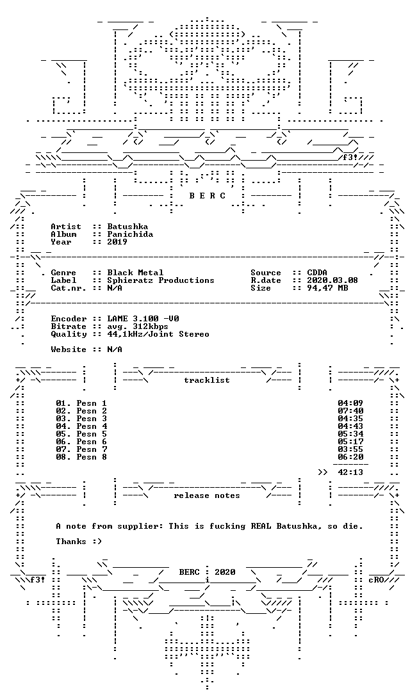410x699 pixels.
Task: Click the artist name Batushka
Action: [127, 227]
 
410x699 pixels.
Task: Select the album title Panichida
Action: [130, 234]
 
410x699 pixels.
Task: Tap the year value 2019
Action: [117, 242]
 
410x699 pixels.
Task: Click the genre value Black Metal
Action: [135, 273]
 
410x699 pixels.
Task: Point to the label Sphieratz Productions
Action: [161, 280]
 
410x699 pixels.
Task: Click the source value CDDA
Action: [317, 273]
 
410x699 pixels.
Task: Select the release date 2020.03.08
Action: [332, 280]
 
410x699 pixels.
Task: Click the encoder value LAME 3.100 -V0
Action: [143, 319]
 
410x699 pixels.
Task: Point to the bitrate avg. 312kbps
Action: [138, 326]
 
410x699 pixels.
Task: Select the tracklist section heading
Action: [207, 380]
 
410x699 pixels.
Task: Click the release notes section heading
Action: [207, 495]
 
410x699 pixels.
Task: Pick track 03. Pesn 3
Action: [81, 419]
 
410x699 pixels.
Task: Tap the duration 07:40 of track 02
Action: [350, 411]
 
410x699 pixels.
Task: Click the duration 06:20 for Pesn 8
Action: [350, 457]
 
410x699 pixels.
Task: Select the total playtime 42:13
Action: [350, 472]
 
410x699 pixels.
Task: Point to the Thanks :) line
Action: [79, 542]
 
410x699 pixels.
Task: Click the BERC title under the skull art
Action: [207, 196]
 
